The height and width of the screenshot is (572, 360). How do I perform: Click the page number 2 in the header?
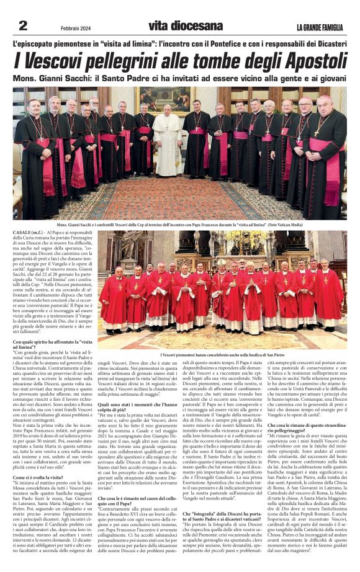pyautogui.click(x=23, y=25)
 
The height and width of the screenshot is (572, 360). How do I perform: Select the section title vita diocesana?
pyautogui.click(x=185, y=26)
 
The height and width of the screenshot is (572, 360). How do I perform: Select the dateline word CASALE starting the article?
pyautogui.click(x=24, y=231)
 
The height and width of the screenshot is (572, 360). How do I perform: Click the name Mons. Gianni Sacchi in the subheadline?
pyautogui.click(x=55, y=79)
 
